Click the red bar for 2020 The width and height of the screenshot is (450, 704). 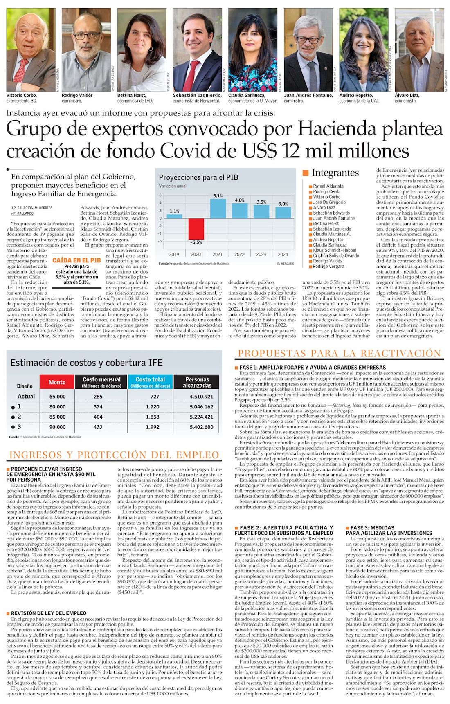pyautogui.click(x=196, y=229)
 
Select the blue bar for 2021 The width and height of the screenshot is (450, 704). pyautogui.click(x=218, y=209)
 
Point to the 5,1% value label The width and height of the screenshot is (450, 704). pyautogui.click(x=218, y=196)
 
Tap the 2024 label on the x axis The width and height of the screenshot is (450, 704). pyautogui.click(x=283, y=254)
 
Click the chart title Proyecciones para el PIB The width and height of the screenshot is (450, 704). pyautogui.click(x=198, y=177)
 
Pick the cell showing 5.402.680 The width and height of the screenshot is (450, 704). pyautogui.click(x=201, y=427)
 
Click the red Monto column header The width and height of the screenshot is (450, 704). pyautogui.click(x=57, y=382)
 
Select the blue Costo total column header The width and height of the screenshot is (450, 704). pyautogui.click(x=150, y=382)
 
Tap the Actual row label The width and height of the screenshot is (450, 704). pyautogui.click(x=26, y=396)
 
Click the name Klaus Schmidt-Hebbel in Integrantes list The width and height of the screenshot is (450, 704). pyautogui.click(x=335, y=250)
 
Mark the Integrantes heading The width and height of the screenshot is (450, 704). pyautogui.click(x=335, y=173)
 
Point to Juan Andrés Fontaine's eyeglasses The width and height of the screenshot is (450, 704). pyautogui.click(x=308, y=40)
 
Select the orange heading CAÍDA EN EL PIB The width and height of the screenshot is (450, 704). pyautogui.click(x=76, y=260)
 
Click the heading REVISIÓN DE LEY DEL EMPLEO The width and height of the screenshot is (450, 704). pyautogui.click(x=49, y=613)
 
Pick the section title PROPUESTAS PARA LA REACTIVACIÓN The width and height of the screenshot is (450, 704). pyautogui.click(x=340, y=354)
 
